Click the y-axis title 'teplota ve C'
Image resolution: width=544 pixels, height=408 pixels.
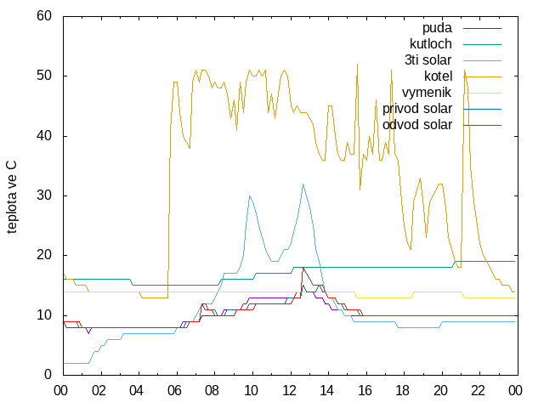(11, 197)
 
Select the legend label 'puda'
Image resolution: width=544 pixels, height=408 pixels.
(437, 28)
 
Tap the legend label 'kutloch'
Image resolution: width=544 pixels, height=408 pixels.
(431, 44)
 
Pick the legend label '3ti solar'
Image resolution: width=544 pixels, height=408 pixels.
(428, 60)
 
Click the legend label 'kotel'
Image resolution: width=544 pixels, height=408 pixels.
(439, 76)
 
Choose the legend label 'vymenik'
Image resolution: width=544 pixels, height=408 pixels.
(427, 93)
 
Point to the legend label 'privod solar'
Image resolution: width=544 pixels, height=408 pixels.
(417, 109)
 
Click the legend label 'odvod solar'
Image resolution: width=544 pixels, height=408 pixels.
(417, 125)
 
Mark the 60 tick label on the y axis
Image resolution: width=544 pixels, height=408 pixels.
(44, 16)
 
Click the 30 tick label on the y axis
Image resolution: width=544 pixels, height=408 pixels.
(44, 195)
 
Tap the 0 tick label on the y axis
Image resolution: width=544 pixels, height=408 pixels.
(48, 375)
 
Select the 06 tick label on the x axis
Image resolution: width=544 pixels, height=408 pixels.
(174, 391)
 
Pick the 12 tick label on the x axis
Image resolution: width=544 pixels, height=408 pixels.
(289, 391)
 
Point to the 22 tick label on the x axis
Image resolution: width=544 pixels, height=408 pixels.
(478, 391)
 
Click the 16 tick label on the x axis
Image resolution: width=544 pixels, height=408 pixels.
(365, 391)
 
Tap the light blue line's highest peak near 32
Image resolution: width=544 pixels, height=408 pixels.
(303, 184)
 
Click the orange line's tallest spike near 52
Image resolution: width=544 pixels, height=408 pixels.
(357, 64)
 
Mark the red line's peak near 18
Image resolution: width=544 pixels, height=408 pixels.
(303, 268)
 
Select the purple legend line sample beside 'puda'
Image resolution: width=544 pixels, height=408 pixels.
(482, 28)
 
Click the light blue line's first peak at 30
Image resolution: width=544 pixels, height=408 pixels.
(249, 196)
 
